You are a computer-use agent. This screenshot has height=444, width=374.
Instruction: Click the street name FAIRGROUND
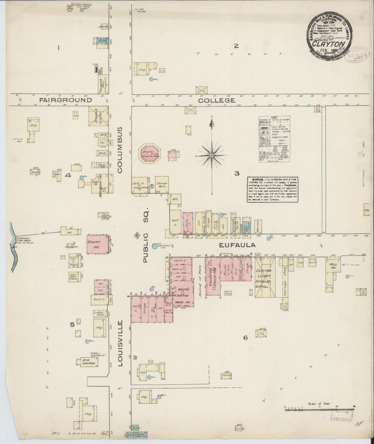coord(66,100)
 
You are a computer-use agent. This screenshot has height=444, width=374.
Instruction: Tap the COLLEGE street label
coord(217,100)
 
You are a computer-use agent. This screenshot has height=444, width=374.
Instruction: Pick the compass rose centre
coord(212,155)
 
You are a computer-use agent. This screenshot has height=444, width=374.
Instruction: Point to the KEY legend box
coord(274,139)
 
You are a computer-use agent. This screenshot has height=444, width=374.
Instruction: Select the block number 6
coord(245,338)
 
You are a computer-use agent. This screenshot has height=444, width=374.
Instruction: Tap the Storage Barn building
coord(162,184)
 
